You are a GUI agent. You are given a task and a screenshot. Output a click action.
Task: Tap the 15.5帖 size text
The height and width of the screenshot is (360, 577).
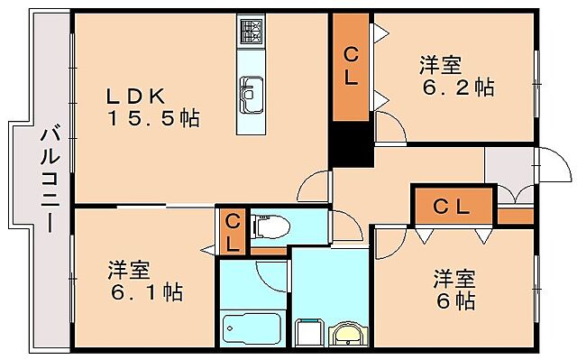coord(154,117)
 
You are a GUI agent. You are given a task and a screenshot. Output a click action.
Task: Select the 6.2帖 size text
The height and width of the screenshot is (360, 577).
coord(459,87)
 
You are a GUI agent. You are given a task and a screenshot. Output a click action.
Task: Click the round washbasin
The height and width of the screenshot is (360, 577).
coord(347,334)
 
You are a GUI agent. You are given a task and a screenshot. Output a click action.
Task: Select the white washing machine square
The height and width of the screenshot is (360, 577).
coord(307,334)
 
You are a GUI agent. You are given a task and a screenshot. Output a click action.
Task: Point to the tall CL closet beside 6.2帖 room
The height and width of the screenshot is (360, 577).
coord(350,68)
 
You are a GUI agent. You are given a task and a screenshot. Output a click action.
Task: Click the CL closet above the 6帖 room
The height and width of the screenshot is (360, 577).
coord(453,206)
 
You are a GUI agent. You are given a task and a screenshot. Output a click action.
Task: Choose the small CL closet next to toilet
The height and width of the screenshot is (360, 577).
coord(232,231)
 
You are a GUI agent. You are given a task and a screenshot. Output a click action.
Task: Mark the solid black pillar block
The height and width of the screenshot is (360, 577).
coord(351,144)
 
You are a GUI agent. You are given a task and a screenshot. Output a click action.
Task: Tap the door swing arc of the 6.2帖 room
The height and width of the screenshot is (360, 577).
coord(389,127)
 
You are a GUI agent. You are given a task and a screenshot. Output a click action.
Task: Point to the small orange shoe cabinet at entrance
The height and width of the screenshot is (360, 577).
coord(515,216)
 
